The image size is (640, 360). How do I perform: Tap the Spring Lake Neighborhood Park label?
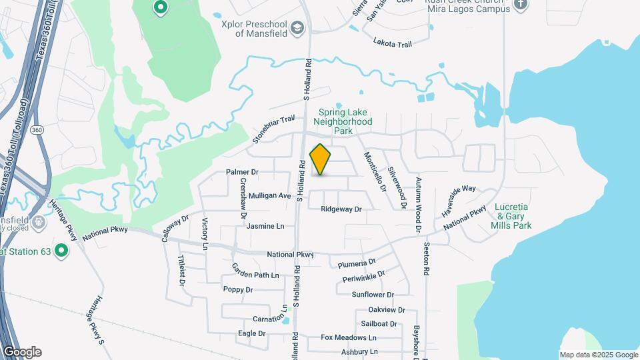click(x=342, y=122)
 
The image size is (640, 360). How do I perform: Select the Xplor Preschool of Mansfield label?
click(x=254, y=28)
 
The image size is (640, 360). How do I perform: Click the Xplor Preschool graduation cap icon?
click(x=297, y=27)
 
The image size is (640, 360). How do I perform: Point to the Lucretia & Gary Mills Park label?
click(x=511, y=216)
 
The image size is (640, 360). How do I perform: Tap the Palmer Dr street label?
click(x=242, y=172)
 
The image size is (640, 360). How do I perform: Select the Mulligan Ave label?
click(x=270, y=196)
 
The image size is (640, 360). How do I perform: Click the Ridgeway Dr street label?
click(x=341, y=209)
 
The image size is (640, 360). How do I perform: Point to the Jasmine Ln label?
click(x=265, y=227)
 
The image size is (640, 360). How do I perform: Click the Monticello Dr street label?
click(x=375, y=172)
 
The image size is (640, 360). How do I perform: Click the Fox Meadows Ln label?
click(x=345, y=337)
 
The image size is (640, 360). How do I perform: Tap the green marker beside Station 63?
click(x=61, y=251)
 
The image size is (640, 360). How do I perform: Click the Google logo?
click(x=22, y=352)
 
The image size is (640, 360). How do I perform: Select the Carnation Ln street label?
click(x=269, y=319)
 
